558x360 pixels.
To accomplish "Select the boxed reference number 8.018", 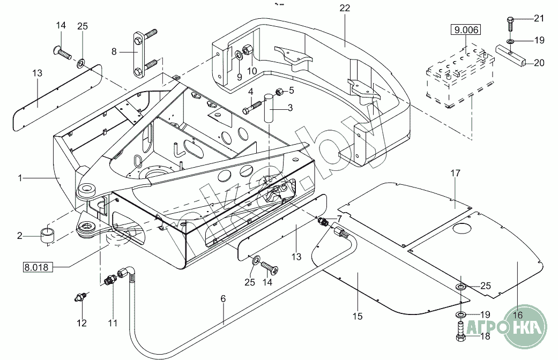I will coord(37,266).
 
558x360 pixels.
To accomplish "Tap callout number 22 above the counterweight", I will coord(345,8).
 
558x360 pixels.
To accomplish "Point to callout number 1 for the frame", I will coord(20,178).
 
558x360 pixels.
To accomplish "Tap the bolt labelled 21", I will coord(510,22).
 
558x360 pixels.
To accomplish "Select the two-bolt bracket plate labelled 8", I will coord(138,54).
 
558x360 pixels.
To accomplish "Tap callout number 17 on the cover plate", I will coord(455,174).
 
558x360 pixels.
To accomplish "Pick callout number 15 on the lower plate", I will coord(358,316).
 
